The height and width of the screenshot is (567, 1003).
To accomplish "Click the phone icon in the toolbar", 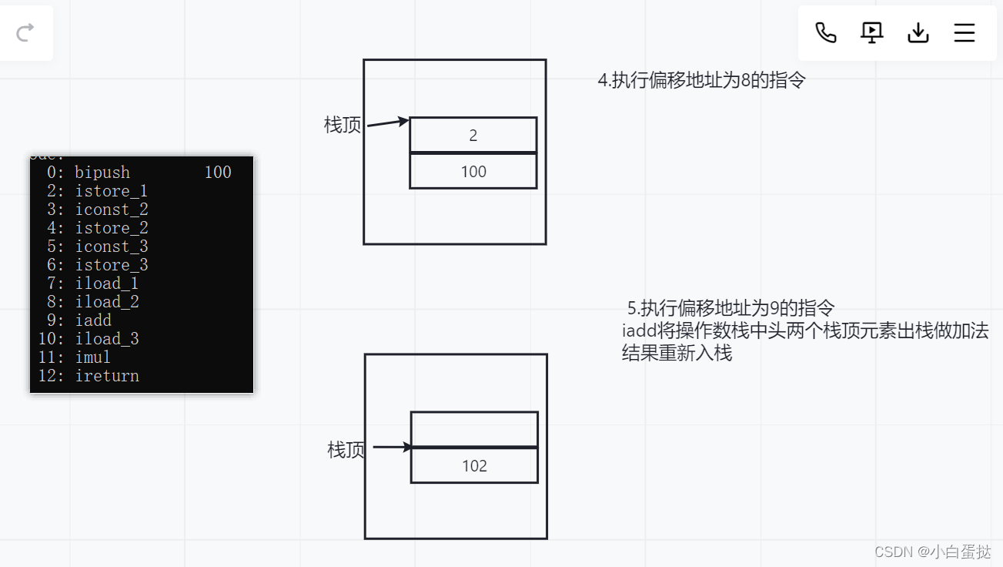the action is click(826, 32).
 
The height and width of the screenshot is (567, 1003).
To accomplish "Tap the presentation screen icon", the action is click(871, 32).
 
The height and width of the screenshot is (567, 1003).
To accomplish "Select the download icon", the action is click(918, 32).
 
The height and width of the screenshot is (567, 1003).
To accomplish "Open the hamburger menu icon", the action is click(965, 32).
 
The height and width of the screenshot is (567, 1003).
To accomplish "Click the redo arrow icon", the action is click(25, 32).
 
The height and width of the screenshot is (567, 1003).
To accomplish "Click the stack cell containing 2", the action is click(473, 136).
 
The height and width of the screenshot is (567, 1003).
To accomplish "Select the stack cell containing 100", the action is click(473, 171).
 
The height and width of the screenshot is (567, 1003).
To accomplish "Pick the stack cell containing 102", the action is click(474, 465).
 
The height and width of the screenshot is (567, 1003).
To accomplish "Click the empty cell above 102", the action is click(474, 429).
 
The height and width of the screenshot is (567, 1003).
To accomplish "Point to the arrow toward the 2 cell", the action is click(387, 122).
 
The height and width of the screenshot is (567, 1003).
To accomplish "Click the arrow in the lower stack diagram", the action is click(393, 447).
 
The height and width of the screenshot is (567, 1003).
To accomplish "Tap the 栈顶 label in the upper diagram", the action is click(343, 125).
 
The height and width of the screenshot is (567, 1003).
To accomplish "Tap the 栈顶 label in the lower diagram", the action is click(346, 450).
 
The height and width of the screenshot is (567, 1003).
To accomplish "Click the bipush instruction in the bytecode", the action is click(102, 173).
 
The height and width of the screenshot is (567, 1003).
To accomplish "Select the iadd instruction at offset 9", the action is click(93, 320).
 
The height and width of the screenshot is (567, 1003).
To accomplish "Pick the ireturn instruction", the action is click(107, 376).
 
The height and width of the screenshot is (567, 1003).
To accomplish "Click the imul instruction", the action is click(93, 357).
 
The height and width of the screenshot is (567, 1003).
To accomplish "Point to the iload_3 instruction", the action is click(107, 339).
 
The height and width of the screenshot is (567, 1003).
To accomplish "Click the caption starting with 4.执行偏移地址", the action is click(701, 80).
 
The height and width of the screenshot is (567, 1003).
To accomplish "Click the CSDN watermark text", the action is click(933, 552).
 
